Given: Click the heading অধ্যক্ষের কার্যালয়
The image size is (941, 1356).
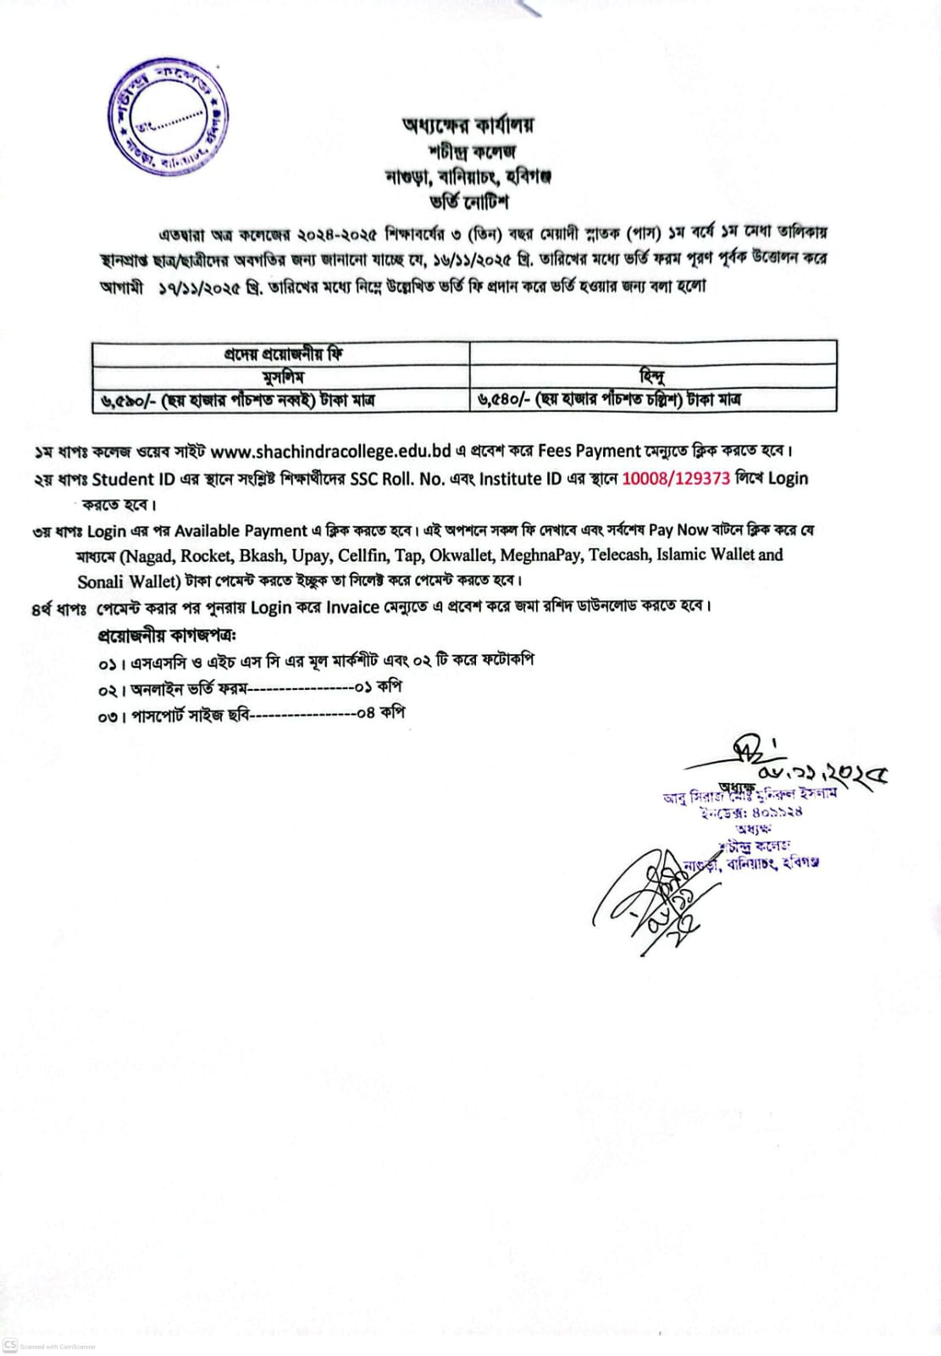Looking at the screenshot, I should click(468, 126).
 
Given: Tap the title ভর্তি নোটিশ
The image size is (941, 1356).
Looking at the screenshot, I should click(468, 203).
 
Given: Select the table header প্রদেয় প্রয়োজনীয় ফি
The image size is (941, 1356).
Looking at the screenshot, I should click(283, 353).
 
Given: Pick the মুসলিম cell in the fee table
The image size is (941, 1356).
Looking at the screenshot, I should click(283, 376).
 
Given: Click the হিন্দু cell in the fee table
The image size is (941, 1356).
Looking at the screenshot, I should click(652, 376).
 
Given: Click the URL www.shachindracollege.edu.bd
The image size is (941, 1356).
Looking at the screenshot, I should click(330, 451).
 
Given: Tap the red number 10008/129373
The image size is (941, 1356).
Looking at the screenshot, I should click(676, 478).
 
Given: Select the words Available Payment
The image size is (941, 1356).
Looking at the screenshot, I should click(241, 531).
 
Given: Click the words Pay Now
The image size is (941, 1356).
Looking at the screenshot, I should click(678, 531).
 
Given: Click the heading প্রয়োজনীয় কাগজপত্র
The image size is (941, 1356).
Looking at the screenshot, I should click(167, 635).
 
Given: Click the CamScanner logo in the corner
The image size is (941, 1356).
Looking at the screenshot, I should click(10, 1345).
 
